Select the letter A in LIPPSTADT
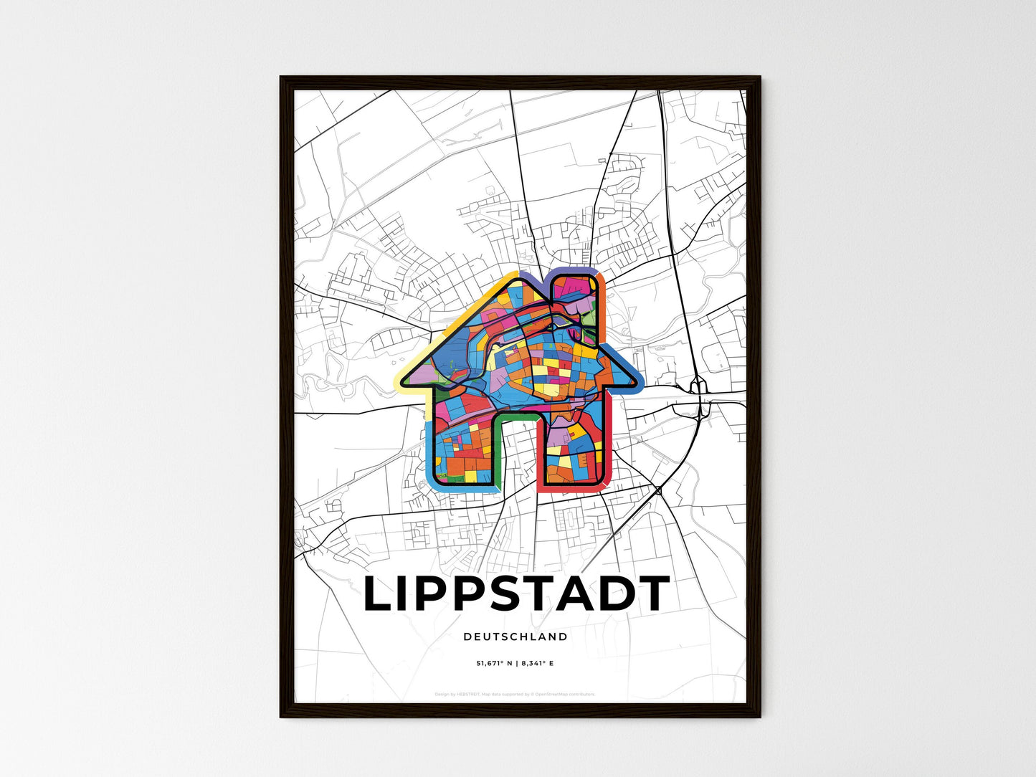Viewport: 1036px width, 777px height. point(578,594)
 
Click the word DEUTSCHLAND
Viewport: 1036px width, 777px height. point(515,637)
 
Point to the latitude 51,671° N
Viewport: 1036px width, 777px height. point(495,664)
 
